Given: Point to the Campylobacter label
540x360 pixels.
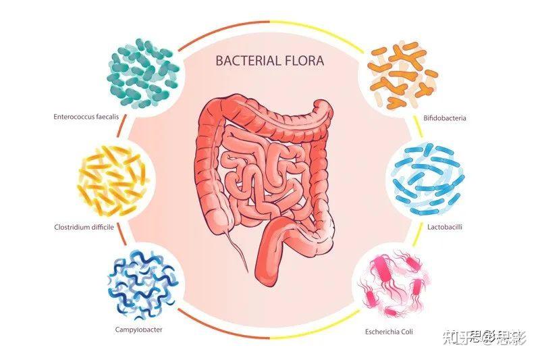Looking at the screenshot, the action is pyautogui.click(x=138, y=330).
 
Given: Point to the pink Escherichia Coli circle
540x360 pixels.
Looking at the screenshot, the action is pyautogui.click(x=394, y=284).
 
